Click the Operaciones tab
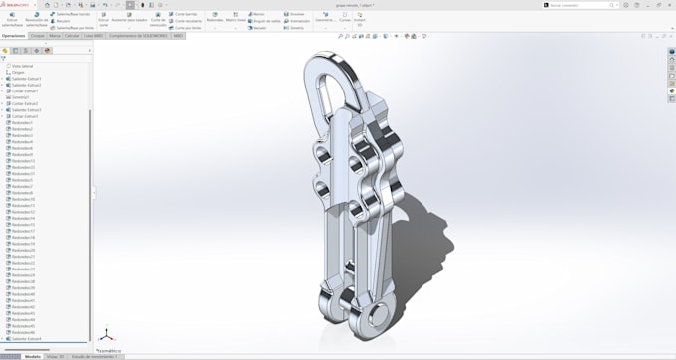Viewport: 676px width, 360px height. (x=14, y=35)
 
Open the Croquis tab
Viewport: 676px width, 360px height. (x=37, y=35)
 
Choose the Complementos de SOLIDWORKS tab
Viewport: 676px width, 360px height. (x=138, y=35)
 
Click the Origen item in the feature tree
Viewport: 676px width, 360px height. (x=18, y=72)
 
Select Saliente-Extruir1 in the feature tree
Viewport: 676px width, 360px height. (x=26, y=79)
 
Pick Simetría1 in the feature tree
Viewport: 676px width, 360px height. (x=20, y=97)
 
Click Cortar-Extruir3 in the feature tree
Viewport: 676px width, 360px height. (x=25, y=116)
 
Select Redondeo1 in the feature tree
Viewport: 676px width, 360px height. (x=22, y=123)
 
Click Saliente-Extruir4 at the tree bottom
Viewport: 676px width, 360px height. (x=26, y=339)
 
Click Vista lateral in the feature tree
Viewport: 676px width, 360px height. (x=22, y=66)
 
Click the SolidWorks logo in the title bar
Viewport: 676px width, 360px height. (x=14, y=5)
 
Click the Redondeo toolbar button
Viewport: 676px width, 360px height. (x=214, y=17)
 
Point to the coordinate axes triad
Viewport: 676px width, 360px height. (x=106, y=336)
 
